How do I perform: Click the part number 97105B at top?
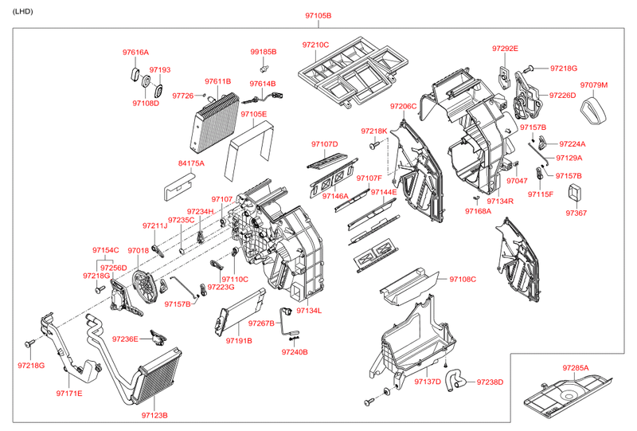click(318, 16)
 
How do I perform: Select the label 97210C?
click(315, 45)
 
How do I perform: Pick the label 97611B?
click(217, 81)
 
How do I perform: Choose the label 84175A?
click(191, 163)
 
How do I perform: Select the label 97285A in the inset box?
click(576, 368)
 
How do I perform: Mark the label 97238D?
click(490, 382)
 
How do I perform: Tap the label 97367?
click(576, 213)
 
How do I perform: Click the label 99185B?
click(263, 52)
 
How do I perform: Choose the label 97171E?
click(69, 394)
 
